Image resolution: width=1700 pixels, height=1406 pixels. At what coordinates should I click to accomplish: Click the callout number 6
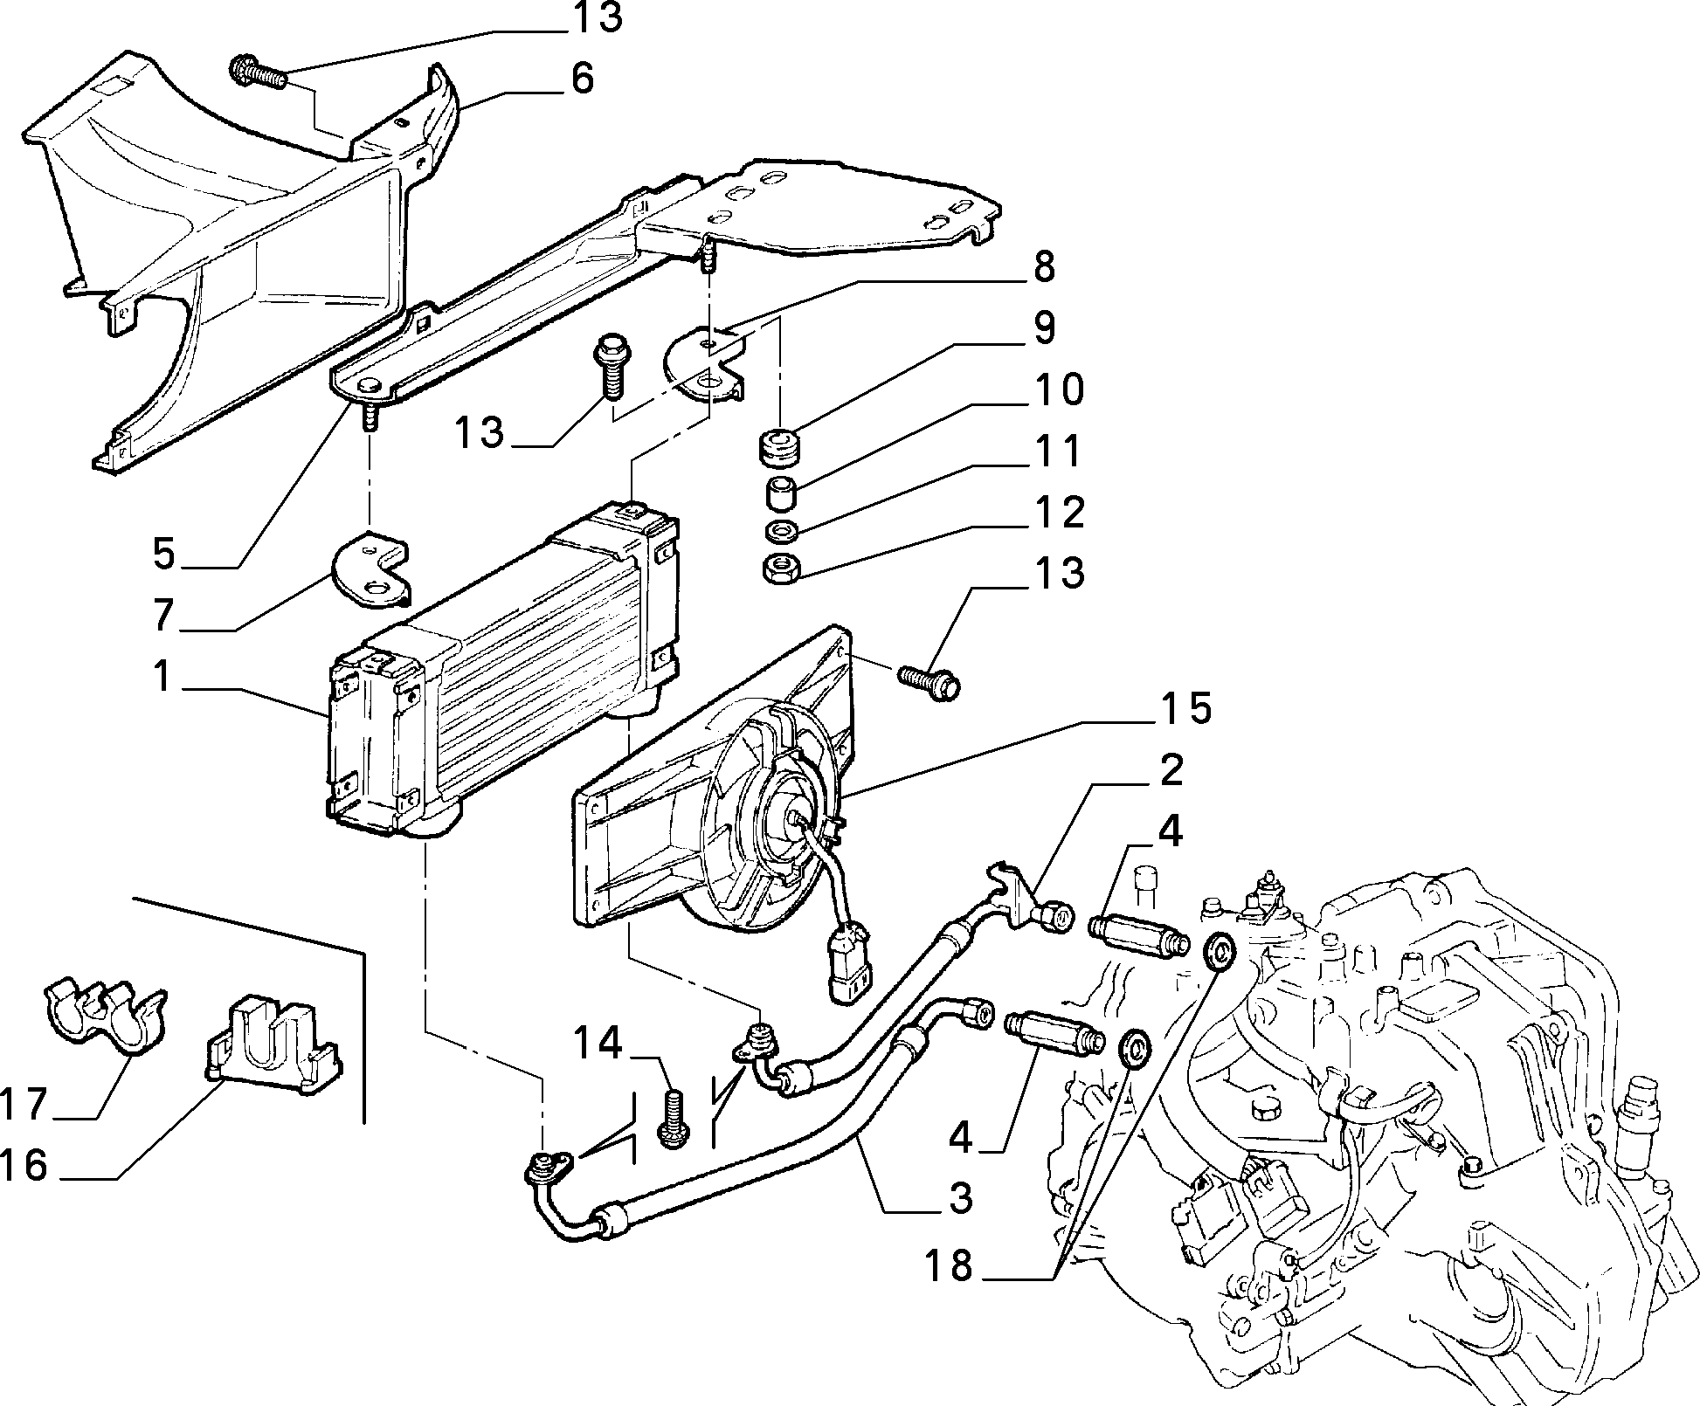pyautogui.click(x=583, y=79)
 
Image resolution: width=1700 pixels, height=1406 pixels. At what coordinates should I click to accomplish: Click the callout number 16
pyautogui.click(x=24, y=1165)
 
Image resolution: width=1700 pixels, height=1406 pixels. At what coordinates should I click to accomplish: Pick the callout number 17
pyautogui.click(x=24, y=1103)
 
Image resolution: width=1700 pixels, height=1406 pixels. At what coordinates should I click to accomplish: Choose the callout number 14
pyautogui.click(x=598, y=1043)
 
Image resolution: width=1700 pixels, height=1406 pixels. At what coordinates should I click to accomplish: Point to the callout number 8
pyautogui.click(x=1044, y=266)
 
